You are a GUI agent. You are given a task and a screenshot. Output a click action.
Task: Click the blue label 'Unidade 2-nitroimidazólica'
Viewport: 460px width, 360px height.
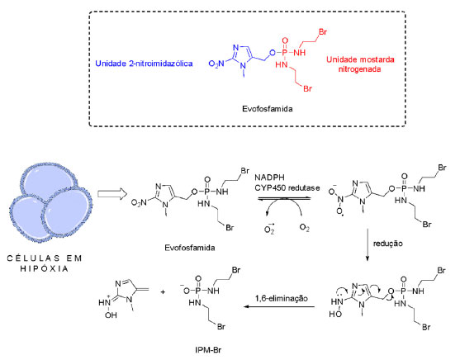coord(144,64)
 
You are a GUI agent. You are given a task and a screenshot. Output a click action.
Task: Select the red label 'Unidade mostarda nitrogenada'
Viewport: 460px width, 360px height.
coord(360,64)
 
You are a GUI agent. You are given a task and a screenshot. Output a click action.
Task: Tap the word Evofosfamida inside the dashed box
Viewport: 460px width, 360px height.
coord(268,109)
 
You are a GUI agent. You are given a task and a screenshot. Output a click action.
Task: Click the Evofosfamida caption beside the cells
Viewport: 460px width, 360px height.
coord(190,248)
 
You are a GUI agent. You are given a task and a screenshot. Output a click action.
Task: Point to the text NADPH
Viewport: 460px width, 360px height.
coord(269,178)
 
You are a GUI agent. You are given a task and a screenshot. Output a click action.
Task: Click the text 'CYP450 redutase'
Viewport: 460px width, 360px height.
coord(287,187)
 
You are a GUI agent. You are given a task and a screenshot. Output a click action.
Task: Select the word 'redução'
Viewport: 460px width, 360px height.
coord(388,244)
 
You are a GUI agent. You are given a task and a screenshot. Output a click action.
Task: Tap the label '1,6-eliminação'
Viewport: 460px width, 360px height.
coord(282,299)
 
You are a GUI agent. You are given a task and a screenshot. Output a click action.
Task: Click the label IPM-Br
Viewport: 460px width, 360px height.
coord(208,350)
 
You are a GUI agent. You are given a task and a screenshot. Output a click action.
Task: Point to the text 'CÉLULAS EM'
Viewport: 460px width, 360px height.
coord(45,258)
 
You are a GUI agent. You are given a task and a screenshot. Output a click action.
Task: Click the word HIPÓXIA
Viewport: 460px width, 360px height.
coord(45,268)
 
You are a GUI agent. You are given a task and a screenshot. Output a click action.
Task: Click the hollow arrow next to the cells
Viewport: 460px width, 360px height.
coord(112,194)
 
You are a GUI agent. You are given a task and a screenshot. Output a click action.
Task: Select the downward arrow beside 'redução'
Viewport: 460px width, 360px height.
coord(367,244)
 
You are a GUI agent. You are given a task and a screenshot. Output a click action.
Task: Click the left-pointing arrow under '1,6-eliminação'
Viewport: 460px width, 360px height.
coord(280,307)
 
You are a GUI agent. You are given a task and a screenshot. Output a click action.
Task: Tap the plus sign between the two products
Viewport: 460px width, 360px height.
coord(163,292)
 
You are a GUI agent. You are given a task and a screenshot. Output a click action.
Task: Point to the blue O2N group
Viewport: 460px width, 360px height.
coord(216,64)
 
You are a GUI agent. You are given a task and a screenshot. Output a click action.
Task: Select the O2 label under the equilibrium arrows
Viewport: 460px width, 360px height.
coord(304,228)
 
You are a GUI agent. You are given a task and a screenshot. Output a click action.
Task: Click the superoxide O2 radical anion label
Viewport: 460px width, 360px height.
coord(269,228)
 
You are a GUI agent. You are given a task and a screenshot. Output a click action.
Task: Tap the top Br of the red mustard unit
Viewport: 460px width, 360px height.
coord(322,31)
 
